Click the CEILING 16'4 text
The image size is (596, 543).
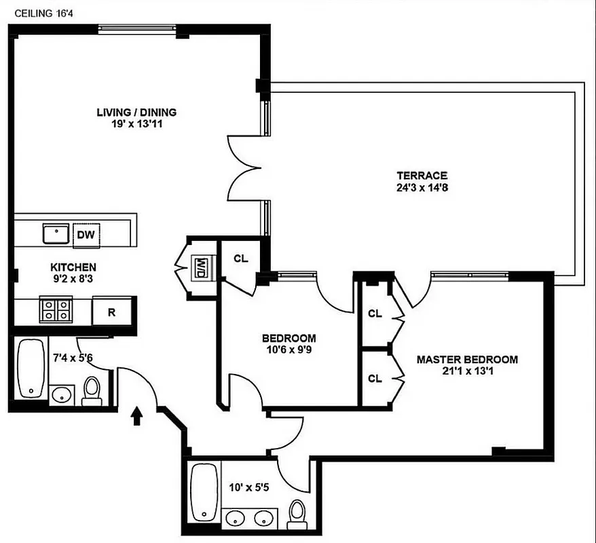coord(39,12)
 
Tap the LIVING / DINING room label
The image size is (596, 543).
coord(136,112)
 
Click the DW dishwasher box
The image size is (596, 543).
coord(86,234)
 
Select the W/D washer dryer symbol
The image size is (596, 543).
coord(202,264)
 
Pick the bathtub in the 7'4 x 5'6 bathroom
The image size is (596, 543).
coord(30,369)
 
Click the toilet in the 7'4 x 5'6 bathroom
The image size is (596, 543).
coord(91,390)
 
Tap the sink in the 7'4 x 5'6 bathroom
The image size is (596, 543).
coord(62,394)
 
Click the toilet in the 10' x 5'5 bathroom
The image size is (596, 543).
coord(297,514)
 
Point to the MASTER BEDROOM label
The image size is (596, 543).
coord(467,360)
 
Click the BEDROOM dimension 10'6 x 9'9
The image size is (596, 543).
coord(288,350)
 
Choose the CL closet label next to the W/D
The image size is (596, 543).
coord(241,259)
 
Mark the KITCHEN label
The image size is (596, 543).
coord(73,267)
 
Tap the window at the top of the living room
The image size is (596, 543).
coord(138,29)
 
